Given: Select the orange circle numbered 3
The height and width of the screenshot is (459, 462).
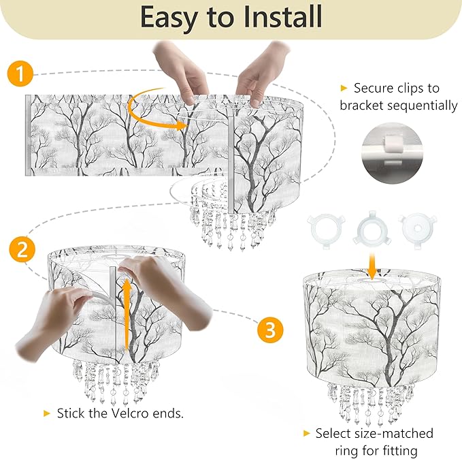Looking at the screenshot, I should coord(270,331).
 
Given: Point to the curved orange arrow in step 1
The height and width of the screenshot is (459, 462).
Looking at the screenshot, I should coord(153,109).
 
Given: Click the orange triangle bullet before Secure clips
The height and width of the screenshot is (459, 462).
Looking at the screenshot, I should coord(344,88).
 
